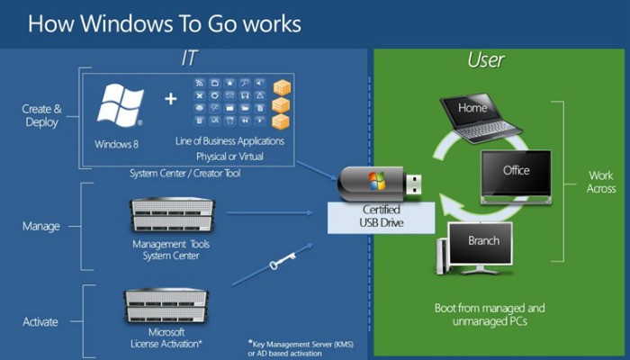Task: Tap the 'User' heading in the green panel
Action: (486, 61)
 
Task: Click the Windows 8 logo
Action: (120, 107)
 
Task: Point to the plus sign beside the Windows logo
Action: (171, 97)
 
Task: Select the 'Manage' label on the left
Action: (42, 225)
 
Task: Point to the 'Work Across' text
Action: (600, 181)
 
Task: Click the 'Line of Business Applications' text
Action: (229, 141)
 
